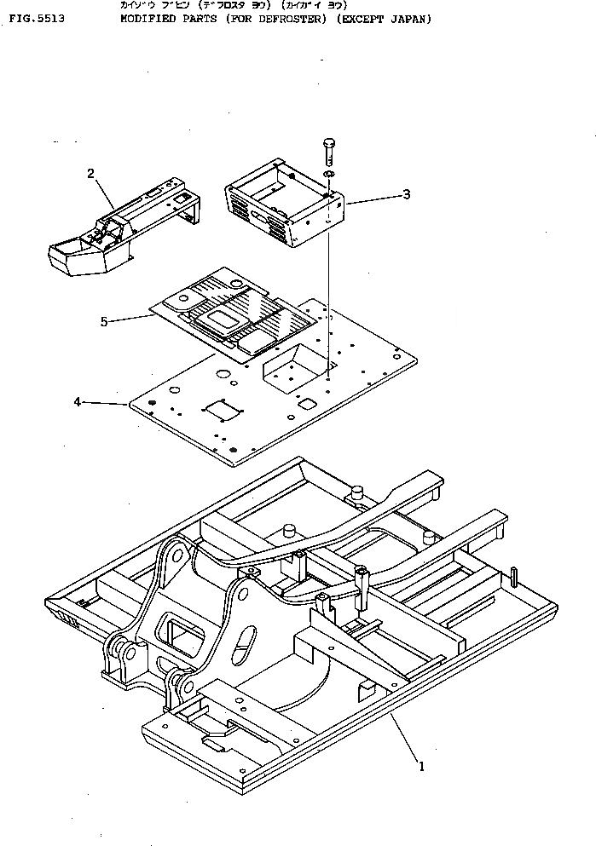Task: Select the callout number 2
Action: tap(90, 174)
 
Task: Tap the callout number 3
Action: tap(407, 194)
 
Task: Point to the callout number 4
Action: tap(78, 401)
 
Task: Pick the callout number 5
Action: tap(104, 321)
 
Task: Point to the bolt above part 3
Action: tap(329, 153)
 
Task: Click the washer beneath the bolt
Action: tap(329, 175)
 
